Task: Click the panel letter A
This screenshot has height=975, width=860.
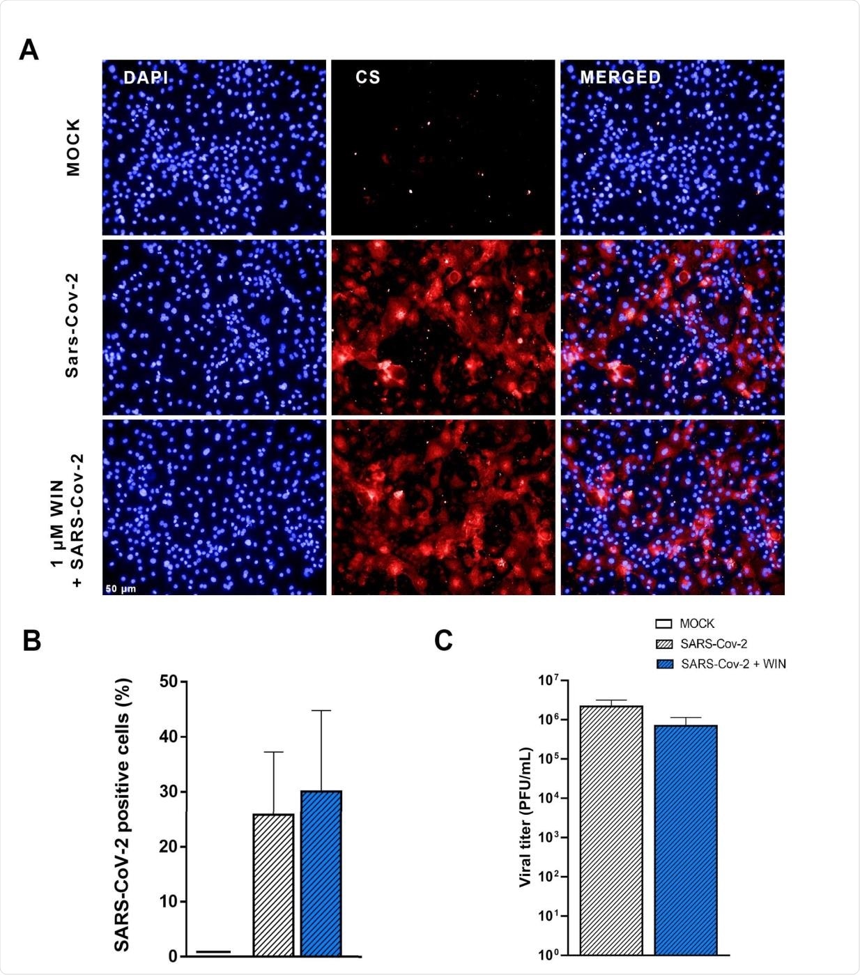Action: pos(29,49)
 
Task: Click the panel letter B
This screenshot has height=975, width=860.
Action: pos(32,640)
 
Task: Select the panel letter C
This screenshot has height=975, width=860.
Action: pos(443,640)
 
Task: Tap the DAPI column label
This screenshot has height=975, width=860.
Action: pos(146,77)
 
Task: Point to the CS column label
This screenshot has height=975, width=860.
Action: pos(368,77)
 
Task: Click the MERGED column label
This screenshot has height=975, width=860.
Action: pos(620,77)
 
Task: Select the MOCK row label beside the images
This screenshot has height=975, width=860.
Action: pos(73,147)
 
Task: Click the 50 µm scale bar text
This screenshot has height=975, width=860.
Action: pos(121,589)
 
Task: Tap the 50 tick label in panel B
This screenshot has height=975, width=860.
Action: pos(168,682)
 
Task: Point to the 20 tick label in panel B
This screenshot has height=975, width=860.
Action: pos(168,847)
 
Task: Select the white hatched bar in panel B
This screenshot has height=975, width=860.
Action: pos(273,884)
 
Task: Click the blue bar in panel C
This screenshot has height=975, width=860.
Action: pos(686,839)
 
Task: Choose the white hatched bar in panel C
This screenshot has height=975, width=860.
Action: pos(611,829)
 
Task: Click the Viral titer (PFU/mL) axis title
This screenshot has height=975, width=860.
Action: pos(525,817)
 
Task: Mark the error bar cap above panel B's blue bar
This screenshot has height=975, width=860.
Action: pos(321,711)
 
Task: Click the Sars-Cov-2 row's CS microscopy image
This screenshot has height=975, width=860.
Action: pos(443,328)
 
